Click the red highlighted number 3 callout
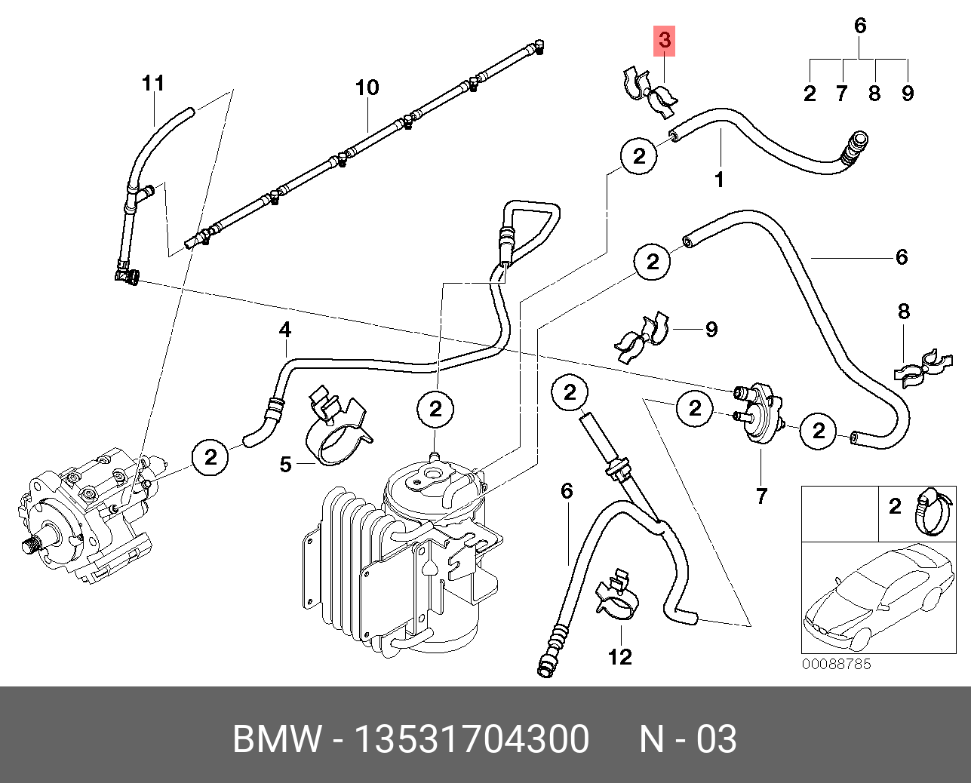click(x=664, y=41)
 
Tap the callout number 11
click(x=153, y=82)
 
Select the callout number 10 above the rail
click(x=367, y=88)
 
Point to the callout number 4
click(x=284, y=330)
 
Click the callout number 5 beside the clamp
click(x=285, y=464)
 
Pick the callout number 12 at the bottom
click(x=620, y=656)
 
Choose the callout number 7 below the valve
click(x=761, y=496)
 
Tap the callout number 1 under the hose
click(x=719, y=180)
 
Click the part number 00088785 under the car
click(x=835, y=664)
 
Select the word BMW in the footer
click(x=276, y=739)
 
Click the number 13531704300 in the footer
click(x=472, y=739)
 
